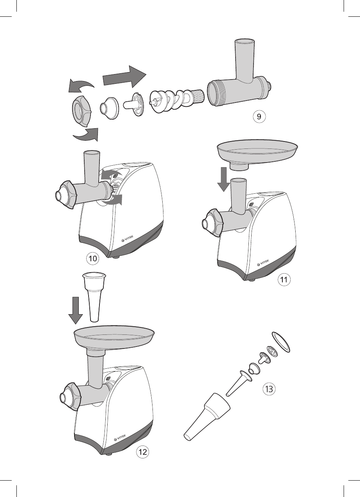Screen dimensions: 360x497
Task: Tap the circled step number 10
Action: (93, 258)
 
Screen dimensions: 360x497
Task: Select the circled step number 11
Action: (284, 279)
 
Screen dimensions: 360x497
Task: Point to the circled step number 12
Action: (142, 452)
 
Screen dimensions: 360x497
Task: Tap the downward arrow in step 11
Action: (223, 179)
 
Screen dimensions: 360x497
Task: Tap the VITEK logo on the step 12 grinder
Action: (124, 438)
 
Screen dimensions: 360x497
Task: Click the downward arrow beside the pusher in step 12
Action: (76, 310)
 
